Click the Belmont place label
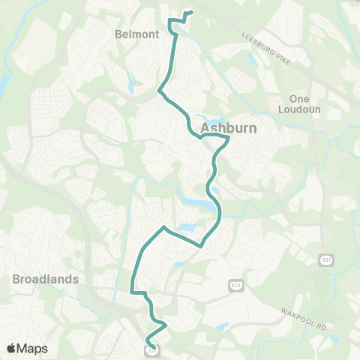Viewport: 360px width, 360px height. (137, 34)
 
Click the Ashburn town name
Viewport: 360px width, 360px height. (229, 127)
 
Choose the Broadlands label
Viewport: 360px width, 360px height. (46, 278)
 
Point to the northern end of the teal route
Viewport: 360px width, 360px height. (193, 12)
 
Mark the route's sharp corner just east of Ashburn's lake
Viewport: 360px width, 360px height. (228, 138)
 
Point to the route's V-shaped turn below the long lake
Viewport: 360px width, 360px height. (201, 245)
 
